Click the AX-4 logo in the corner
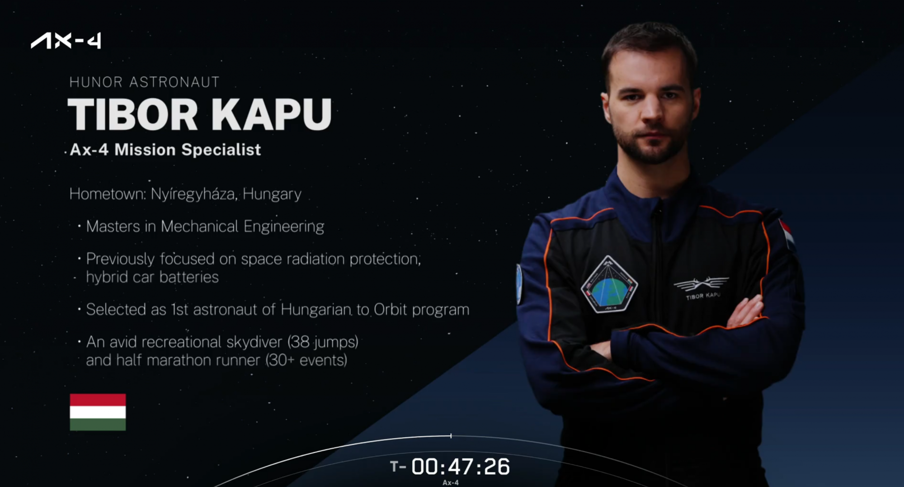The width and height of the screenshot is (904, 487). pyautogui.click(x=66, y=41)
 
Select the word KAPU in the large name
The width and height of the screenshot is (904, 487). pyautogui.click(x=271, y=114)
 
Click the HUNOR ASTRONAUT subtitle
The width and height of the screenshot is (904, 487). pyautogui.click(x=144, y=82)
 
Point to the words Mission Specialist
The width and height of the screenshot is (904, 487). pyautogui.click(x=188, y=150)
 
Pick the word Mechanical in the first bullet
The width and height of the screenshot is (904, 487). pyautogui.click(x=199, y=226)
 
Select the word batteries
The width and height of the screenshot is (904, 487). pyautogui.click(x=189, y=277)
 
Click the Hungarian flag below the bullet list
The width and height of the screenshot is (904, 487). pyautogui.click(x=98, y=412)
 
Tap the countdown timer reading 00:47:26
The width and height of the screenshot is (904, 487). pyautogui.click(x=460, y=467)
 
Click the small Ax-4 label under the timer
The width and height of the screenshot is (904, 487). pyautogui.click(x=451, y=482)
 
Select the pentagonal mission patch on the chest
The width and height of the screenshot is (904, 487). pyautogui.click(x=609, y=284)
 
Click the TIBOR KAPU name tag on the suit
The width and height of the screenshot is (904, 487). pyautogui.click(x=703, y=296)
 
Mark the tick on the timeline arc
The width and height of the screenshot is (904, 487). pyautogui.click(x=451, y=436)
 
